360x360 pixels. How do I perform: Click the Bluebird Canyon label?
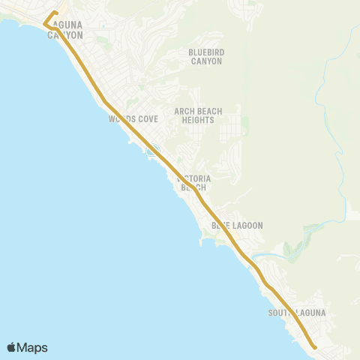(205, 57)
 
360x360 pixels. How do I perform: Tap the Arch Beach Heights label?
(198, 115)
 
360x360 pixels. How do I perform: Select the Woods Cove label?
(133, 118)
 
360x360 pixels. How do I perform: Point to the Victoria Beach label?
(193, 183)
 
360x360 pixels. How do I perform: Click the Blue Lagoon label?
(237, 225)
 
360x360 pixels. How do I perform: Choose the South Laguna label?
(299, 312)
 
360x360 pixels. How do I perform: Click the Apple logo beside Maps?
(12, 347)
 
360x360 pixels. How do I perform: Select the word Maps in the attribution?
(32, 347)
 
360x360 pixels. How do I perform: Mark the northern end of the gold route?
(56, 13)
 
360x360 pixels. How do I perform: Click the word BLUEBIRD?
(205, 52)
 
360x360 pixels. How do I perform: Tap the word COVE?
(145, 118)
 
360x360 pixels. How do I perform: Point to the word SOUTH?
(281, 312)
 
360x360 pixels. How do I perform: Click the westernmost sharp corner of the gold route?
(45, 25)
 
